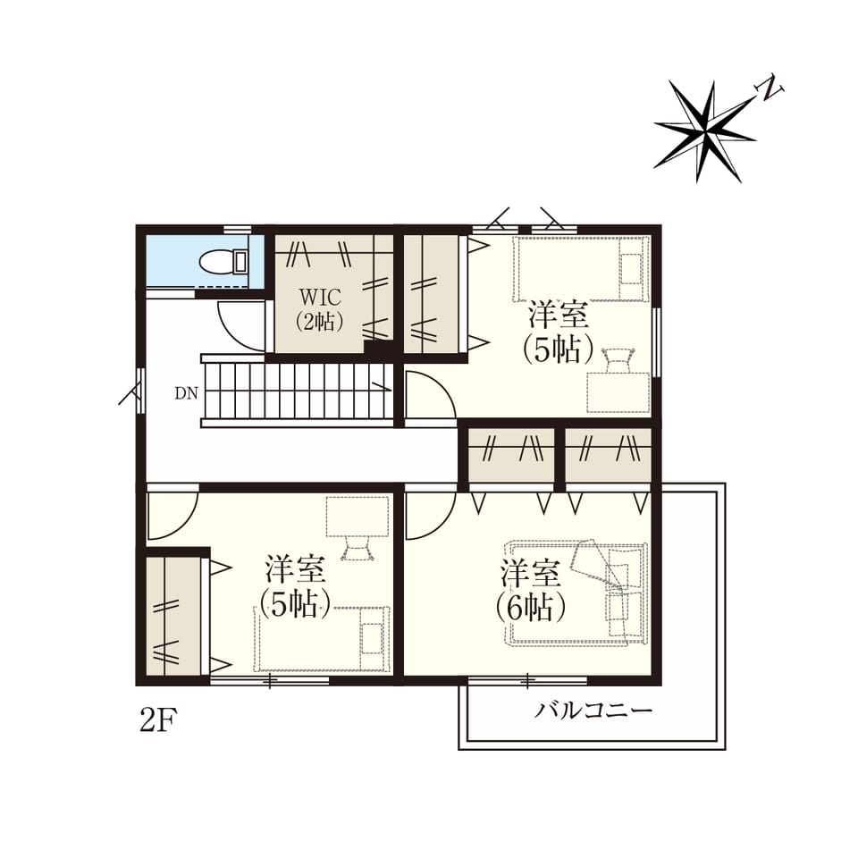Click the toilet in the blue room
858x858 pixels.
(223, 262)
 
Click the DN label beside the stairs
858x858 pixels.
(186, 393)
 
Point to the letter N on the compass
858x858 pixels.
(770, 88)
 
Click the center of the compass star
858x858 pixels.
(707, 131)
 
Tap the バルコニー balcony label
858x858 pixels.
(593, 711)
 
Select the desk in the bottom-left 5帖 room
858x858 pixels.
(357, 517)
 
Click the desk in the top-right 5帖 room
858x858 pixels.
(618, 391)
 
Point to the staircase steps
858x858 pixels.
(298, 391)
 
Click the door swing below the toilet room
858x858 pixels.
(241, 326)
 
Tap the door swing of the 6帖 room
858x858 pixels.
(430, 515)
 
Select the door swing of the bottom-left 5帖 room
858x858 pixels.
(172, 516)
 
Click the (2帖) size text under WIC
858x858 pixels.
(320, 321)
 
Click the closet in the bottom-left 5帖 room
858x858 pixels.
(172, 617)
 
